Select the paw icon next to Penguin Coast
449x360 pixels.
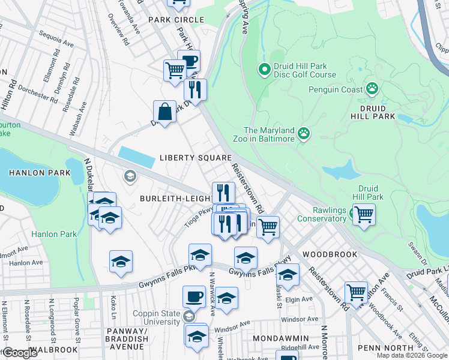(373, 89)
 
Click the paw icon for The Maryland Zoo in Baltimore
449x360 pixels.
(304, 133)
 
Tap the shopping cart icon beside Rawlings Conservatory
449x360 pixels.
(364, 214)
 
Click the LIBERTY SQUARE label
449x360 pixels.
(195, 158)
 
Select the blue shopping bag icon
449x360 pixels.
(164, 111)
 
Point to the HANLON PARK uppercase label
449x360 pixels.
(40, 173)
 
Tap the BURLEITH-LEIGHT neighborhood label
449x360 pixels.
(175, 198)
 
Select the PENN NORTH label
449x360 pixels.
(385, 347)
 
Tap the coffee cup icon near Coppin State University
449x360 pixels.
(194, 296)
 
